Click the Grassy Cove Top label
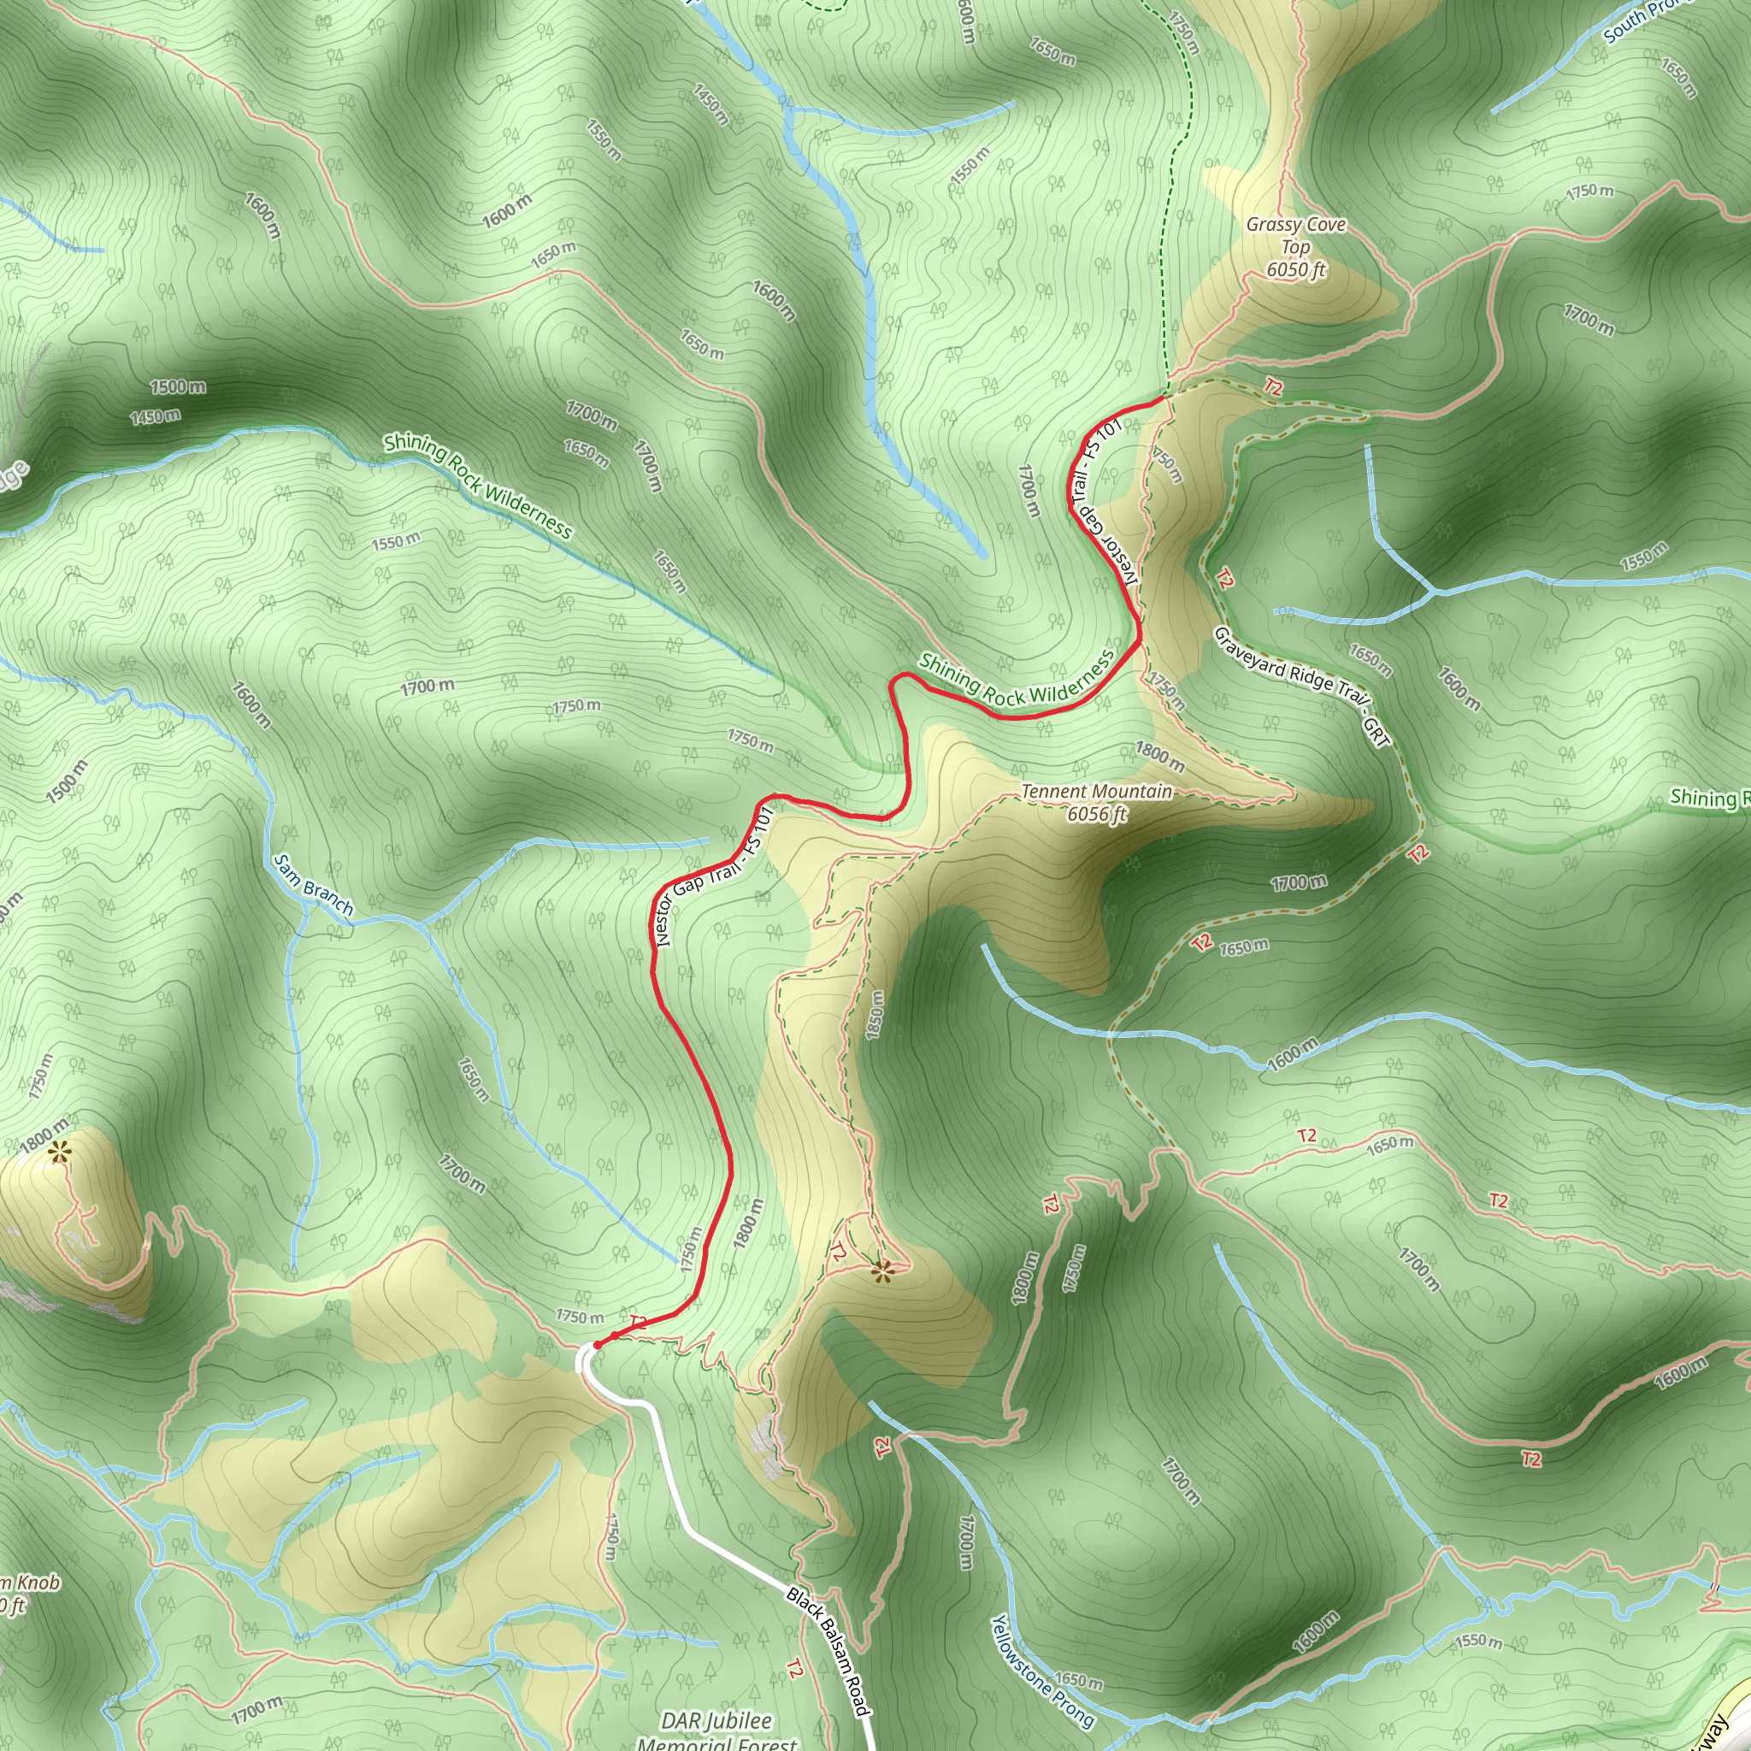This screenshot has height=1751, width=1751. (x=1295, y=246)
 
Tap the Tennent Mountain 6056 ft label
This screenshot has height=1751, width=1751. (x=1097, y=802)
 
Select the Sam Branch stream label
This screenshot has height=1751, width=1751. (x=313, y=885)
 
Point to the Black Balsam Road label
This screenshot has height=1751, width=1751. (x=828, y=1650)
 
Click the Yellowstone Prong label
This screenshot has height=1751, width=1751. (x=1041, y=1671)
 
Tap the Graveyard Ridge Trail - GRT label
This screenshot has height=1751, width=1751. (x=1301, y=687)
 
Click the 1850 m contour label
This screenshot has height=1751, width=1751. (x=875, y=1014)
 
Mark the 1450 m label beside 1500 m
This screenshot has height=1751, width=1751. (x=155, y=417)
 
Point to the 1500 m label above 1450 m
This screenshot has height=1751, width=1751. (x=178, y=387)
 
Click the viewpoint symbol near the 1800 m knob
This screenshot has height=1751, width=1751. (x=60, y=1153)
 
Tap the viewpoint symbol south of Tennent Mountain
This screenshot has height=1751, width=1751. (x=881, y=1272)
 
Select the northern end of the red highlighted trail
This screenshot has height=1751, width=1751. (x=1163, y=397)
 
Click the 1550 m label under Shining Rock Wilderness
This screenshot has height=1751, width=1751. (x=396, y=542)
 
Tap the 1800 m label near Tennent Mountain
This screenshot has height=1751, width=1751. (x=1160, y=757)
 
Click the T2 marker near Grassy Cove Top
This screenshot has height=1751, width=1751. (x=1273, y=387)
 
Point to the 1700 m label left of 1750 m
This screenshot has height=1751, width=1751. (x=427, y=687)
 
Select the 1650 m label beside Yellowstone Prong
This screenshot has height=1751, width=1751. (x=1077, y=1682)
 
